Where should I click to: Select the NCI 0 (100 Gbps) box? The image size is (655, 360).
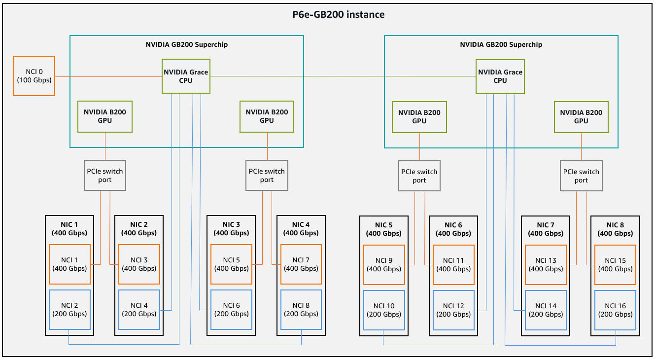pos(34,76)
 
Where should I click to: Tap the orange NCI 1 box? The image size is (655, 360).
pos(69,264)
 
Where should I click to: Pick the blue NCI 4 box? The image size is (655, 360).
pos(139,310)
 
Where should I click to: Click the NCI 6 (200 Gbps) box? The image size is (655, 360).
pos(231,310)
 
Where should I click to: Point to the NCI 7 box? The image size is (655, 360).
pos(301,264)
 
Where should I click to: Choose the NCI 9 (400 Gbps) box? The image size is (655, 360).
pos(384,265)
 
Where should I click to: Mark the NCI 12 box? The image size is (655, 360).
pos(453,310)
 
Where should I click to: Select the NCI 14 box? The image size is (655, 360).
pos(546,310)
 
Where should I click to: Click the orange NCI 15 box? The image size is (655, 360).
pos(615,265)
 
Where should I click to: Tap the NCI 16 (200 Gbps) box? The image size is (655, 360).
pos(615,310)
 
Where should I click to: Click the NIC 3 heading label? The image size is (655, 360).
pos(231,229)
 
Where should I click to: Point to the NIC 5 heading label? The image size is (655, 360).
pos(384,229)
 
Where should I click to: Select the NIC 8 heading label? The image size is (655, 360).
pos(615,229)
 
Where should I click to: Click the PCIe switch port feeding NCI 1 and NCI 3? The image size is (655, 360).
pos(105,176)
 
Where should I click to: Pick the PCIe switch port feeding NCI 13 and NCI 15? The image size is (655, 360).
pos(581,176)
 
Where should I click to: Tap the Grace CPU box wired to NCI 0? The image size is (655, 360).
pos(186,76)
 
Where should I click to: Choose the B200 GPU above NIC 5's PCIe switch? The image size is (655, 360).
pos(419,116)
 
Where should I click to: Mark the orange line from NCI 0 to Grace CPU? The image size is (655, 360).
pos(108,76)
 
